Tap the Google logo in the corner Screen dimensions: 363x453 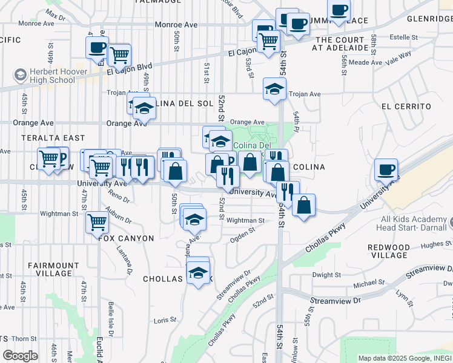(20, 356)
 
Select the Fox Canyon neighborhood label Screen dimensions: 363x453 (127, 238)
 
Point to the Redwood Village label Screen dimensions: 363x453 (397, 251)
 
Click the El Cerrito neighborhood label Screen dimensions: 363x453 (406, 106)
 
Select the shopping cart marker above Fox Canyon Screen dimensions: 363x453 (97, 222)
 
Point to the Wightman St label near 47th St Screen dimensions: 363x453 (59, 214)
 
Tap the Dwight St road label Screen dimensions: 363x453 (326, 275)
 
